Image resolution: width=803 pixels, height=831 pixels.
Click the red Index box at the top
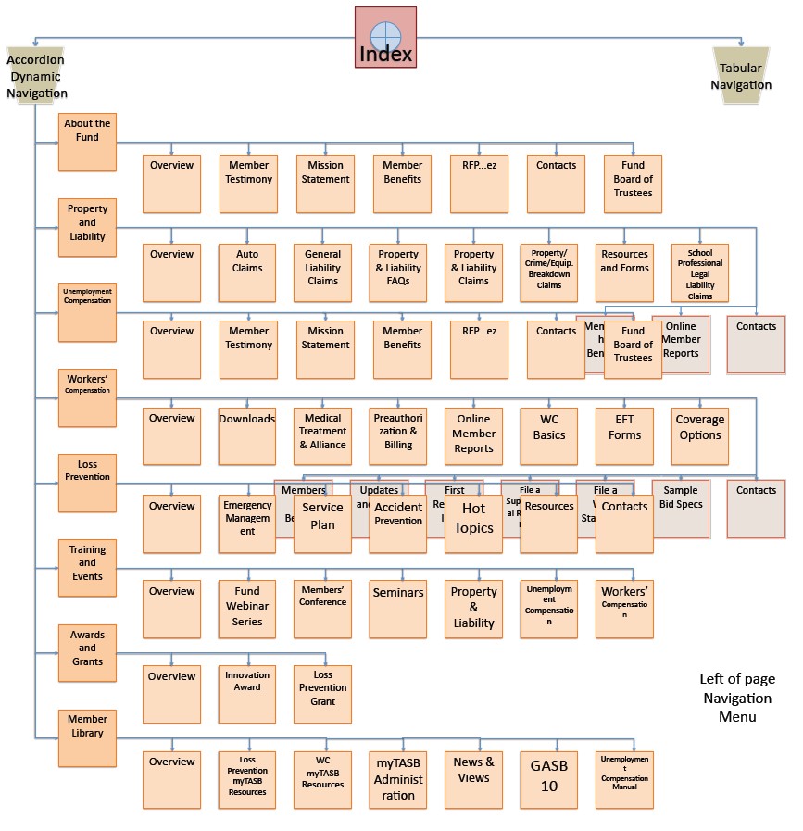385,38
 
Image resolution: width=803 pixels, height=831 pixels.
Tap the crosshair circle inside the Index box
385,36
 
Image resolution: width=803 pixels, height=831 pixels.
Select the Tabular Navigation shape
741,76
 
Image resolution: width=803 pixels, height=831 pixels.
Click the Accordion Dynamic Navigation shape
36,76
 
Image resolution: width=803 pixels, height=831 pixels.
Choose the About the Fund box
87,143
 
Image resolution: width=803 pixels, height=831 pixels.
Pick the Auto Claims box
247,272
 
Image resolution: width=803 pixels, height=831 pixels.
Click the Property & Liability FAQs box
398,272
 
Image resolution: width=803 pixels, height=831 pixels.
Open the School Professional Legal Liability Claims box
699,272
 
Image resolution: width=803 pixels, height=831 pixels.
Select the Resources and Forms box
624,272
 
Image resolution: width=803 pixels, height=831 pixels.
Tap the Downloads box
247,436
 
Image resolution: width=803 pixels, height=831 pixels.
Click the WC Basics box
548,436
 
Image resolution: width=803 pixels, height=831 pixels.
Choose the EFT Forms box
624,436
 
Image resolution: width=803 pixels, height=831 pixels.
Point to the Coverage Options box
699,436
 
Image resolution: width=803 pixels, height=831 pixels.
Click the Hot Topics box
473,524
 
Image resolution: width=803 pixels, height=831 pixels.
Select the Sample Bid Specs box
681,509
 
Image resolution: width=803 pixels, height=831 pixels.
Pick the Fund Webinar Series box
247,609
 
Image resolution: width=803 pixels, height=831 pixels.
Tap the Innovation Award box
247,694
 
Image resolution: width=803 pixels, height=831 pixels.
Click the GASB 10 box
548,779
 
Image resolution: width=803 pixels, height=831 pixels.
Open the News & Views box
473,779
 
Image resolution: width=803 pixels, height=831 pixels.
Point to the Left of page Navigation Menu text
736,698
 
